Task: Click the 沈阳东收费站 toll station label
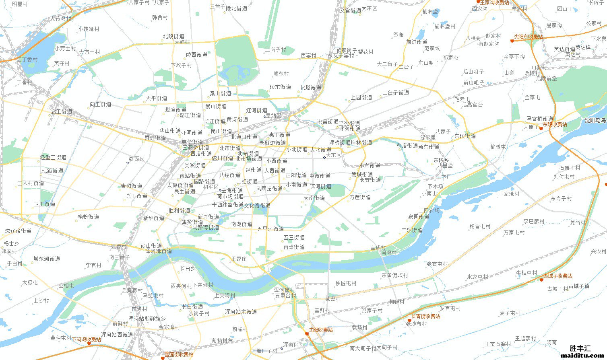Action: [x=528, y=37]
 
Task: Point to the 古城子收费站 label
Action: [x=557, y=276]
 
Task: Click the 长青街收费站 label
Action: [x=425, y=316]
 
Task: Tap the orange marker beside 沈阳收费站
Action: [x=307, y=333]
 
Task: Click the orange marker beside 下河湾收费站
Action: [x=89, y=343]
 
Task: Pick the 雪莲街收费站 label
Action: [x=179, y=354]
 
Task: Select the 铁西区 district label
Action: [x=136, y=159]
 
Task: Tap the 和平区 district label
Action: [x=211, y=187]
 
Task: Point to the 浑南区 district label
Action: [x=291, y=345]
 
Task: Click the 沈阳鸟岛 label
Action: [x=595, y=120]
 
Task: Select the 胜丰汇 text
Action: [x=580, y=348]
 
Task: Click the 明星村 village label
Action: [x=20, y=4]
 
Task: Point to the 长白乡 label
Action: [x=188, y=268]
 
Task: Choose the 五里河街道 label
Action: [x=270, y=229]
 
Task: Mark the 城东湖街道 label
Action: [x=47, y=259]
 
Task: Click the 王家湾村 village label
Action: [x=509, y=194]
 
